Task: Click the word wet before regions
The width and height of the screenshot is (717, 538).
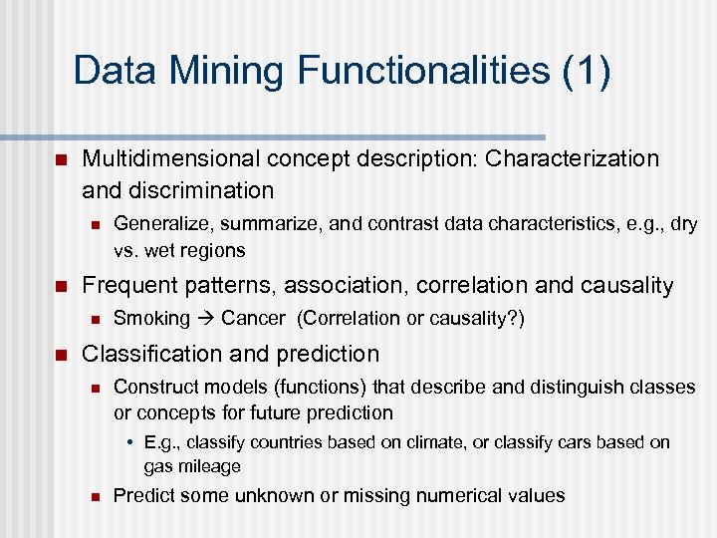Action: click(163, 249)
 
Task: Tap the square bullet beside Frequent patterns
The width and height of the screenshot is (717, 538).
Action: click(60, 287)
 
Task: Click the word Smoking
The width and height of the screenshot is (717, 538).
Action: click(151, 318)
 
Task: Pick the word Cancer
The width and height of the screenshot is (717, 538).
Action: click(254, 318)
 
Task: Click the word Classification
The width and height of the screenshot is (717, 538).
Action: click(148, 354)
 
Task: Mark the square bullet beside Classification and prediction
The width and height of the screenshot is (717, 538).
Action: click(60, 355)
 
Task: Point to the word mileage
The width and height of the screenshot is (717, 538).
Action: click(208, 465)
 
